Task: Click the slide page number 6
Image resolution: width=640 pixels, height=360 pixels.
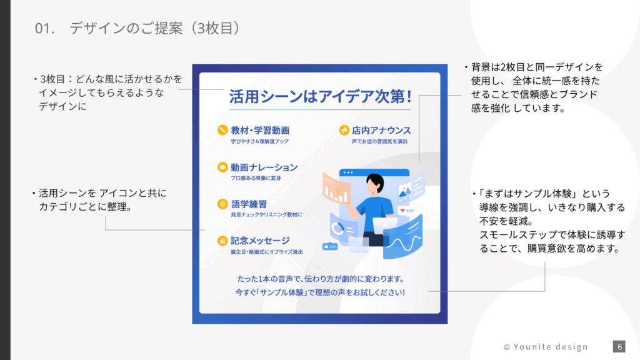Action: point(619,346)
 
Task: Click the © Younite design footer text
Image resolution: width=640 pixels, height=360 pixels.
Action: point(546,347)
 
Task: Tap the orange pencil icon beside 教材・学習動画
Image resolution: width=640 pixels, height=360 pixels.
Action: point(222,130)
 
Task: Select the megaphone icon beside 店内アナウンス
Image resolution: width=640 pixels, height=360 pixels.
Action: point(344,130)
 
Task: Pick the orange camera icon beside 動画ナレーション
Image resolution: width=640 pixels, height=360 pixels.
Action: point(222,167)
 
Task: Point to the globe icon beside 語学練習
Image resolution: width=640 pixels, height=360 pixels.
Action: point(222,204)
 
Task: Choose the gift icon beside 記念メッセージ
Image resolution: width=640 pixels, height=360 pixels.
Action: point(222,241)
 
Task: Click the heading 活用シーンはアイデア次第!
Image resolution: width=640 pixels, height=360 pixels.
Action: point(320,97)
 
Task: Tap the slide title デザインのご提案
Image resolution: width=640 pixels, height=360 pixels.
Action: point(126,28)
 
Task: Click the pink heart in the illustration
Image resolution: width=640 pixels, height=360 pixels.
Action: point(402,210)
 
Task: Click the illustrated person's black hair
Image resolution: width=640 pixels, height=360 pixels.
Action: point(375,181)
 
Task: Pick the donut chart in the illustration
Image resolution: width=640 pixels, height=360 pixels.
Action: point(337,229)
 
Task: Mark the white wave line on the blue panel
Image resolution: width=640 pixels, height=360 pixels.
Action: point(404,243)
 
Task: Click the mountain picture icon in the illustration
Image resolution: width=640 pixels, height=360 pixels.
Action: point(405,191)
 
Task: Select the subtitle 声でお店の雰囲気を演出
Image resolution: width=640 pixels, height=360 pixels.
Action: point(379,141)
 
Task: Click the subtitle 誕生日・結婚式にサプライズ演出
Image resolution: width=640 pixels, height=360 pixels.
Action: point(266,252)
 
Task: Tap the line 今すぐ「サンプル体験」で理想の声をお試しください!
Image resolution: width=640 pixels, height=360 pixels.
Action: point(320,292)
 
